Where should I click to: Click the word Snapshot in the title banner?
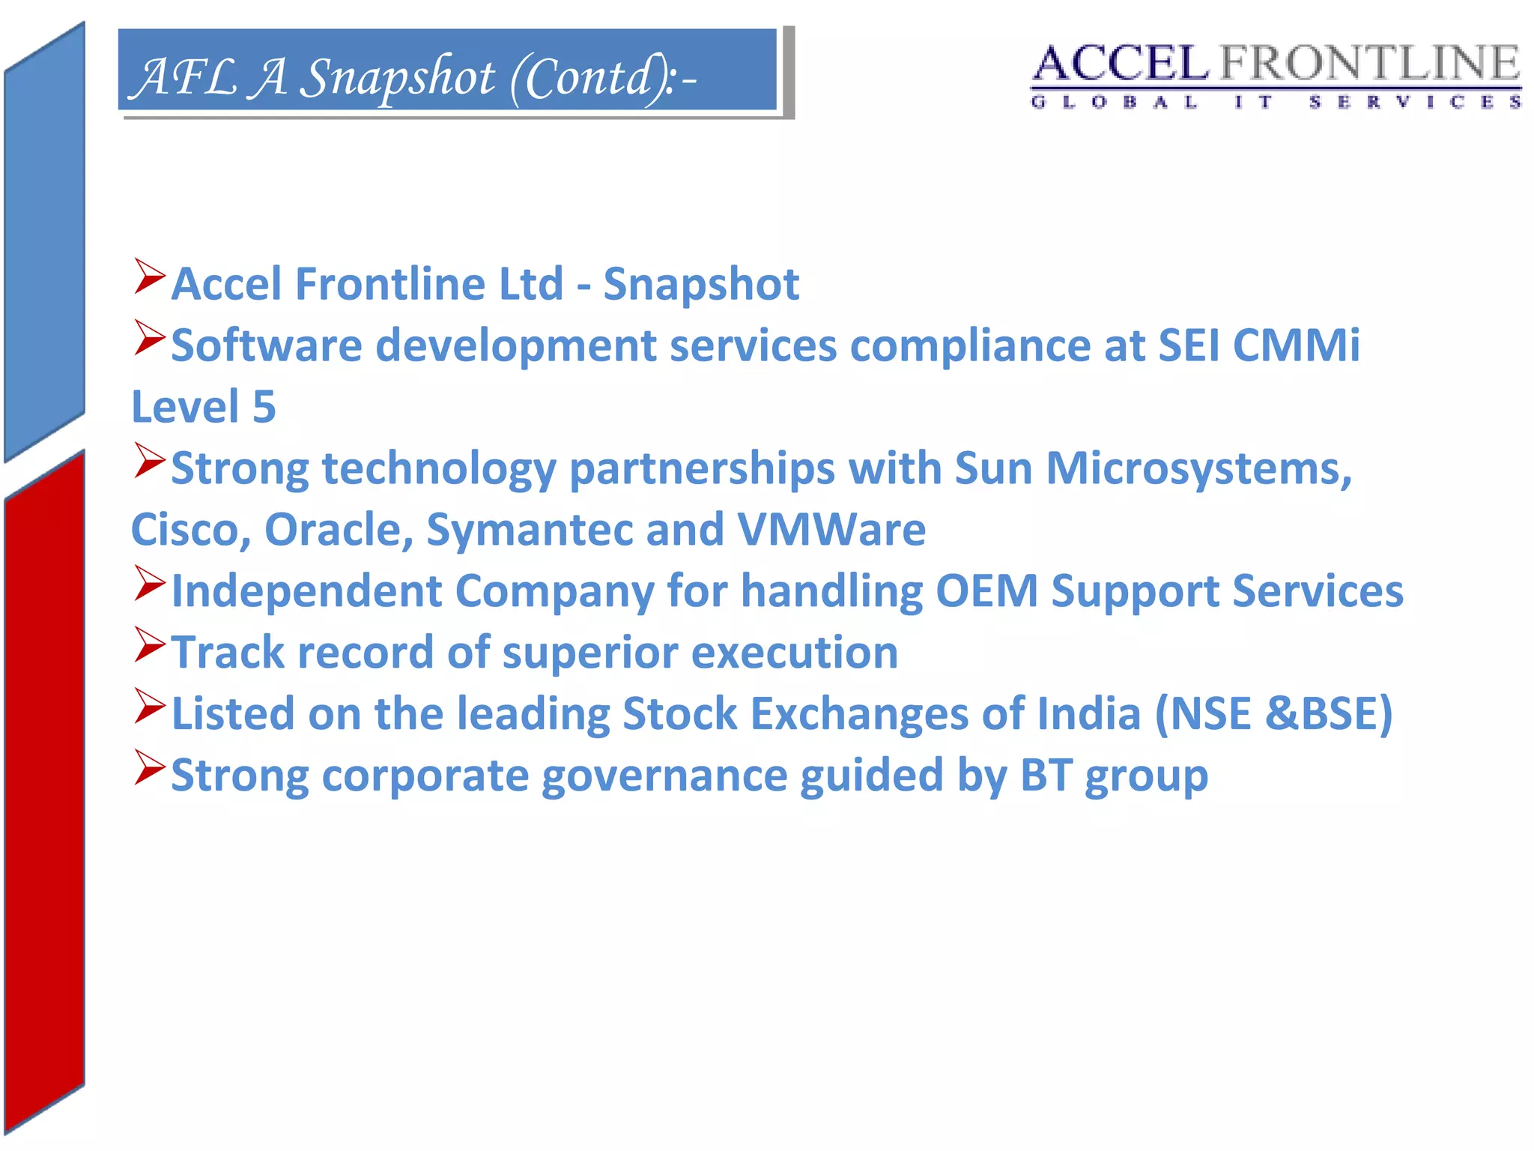coord(397,77)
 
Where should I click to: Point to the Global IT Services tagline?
coord(1276,102)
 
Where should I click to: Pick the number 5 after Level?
coord(264,407)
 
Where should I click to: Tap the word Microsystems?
coord(1198,469)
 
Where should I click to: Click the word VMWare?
coord(831,531)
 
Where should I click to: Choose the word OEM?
coord(986,591)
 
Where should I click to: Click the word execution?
coord(794,653)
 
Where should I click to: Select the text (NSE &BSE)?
coord(1273,713)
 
